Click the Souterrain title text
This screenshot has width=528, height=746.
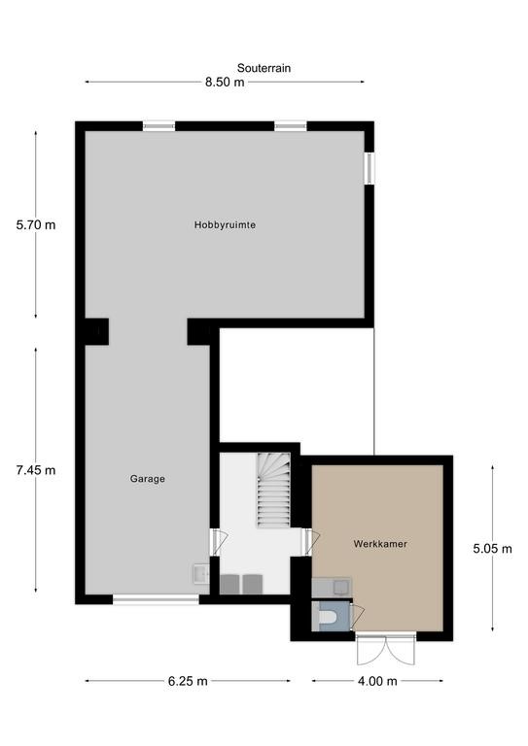coord(264,68)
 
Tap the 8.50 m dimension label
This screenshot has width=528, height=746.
coord(225,83)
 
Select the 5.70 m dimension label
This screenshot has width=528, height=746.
coord(36,224)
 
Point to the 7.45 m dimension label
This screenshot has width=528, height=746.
coord(36,470)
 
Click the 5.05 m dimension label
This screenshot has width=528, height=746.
coord(492,549)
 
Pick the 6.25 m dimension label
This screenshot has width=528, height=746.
coord(188,681)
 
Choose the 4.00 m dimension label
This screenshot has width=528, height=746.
coord(377,681)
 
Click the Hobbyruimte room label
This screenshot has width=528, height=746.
coord(225,224)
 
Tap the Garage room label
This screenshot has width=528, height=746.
coord(148,479)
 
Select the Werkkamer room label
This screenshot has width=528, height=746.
coord(380,543)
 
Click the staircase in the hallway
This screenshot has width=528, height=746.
coord(274,490)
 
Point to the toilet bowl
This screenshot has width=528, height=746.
coord(328,618)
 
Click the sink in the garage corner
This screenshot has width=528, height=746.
coord(201,574)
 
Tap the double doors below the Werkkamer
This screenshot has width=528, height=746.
coord(386,649)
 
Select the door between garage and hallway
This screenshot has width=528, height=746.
coord(218,542)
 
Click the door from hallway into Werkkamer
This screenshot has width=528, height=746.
coord(310,542)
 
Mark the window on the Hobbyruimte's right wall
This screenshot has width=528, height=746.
coord(370,168)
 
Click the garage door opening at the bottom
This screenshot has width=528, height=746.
coord(156,600)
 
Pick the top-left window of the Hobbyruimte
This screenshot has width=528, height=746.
coord(159,126)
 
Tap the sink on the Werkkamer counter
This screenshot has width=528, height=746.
coord(341,587)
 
